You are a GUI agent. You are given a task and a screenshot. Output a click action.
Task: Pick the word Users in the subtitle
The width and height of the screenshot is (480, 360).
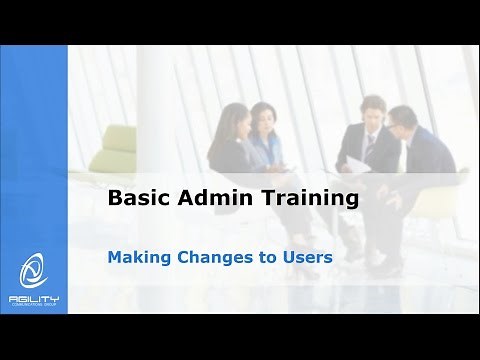coord(307,255)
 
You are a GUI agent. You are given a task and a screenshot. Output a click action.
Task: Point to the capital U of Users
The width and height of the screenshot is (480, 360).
coord(288,255)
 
